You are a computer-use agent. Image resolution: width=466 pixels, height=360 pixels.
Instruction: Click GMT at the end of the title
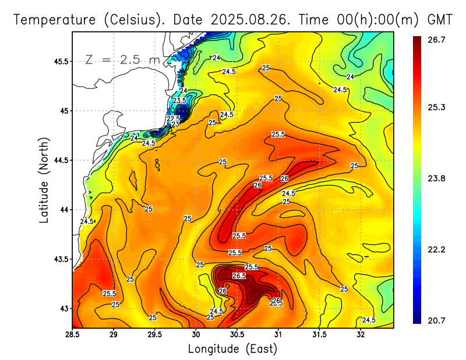click(440, 19)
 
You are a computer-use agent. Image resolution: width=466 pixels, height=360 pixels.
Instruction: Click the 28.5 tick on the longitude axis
click(72, 334)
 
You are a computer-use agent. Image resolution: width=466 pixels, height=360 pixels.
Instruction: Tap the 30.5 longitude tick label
click(237, 334)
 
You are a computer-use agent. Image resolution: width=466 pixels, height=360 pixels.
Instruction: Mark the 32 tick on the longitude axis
click(361, 334)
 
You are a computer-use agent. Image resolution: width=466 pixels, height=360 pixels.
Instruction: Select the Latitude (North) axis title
click(44, 180)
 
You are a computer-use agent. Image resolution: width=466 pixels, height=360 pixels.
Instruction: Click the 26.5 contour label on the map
click(239, 276)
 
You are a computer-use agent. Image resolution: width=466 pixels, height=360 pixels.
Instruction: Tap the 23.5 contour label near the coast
click(179, 101)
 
